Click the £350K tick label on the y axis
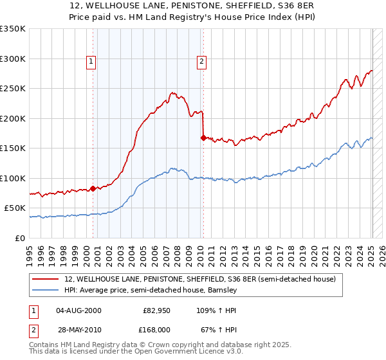[13, 29]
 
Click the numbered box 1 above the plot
[91, 62]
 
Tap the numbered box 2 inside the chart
[202, 62]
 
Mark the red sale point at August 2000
[93, 188]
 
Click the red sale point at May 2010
[203, 138]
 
